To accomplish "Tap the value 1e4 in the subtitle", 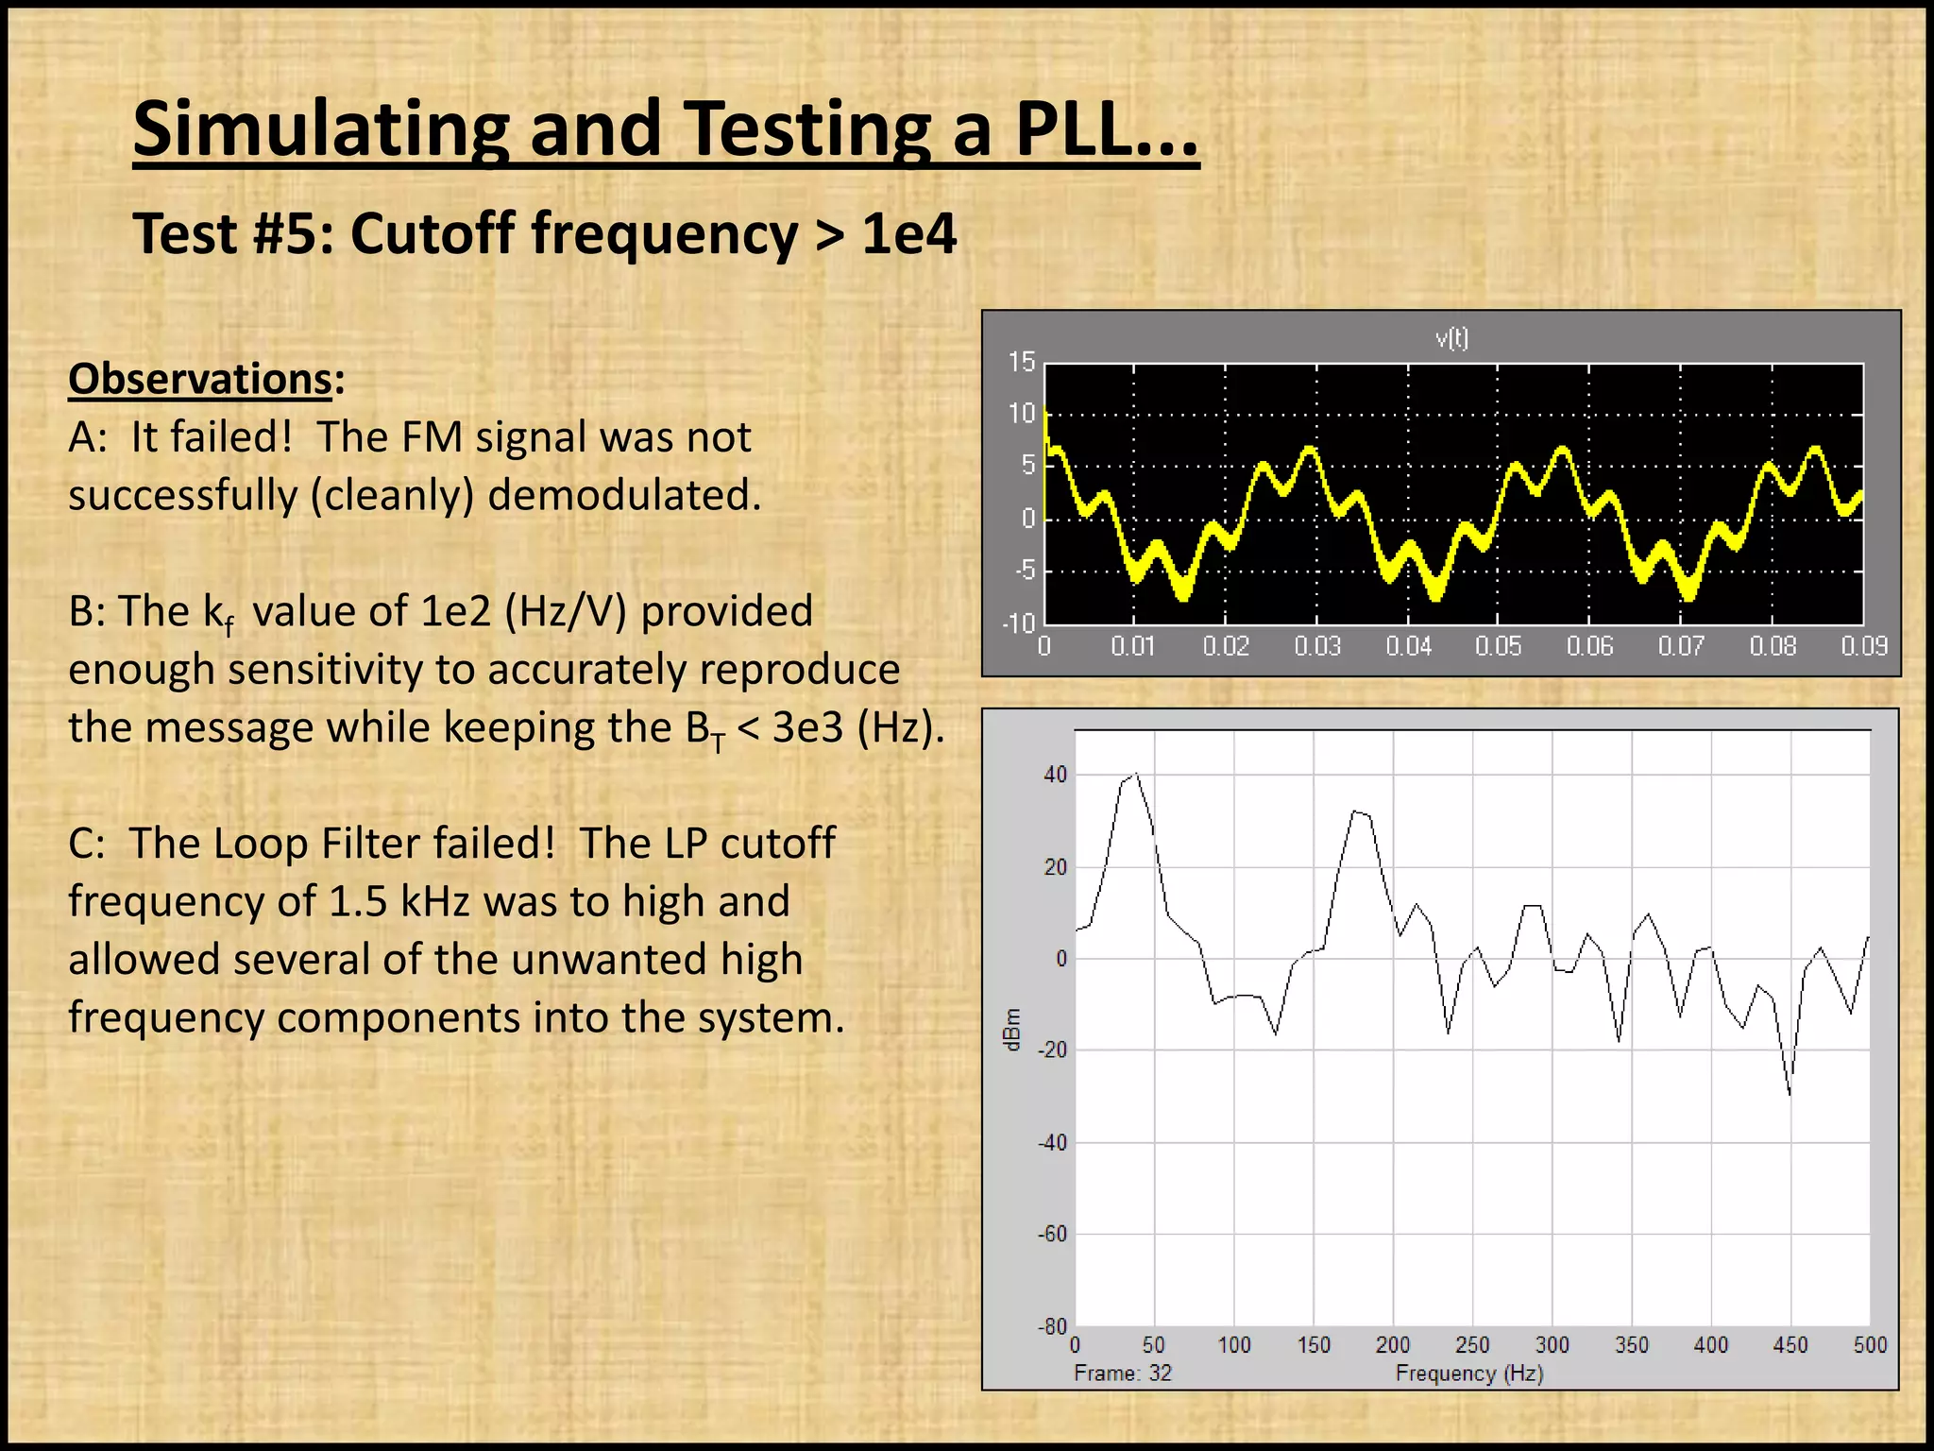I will (x=908, y=233).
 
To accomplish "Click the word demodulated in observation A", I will (x=623, y=495).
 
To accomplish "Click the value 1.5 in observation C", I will (x=358, y=901).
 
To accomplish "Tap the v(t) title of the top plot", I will (x=1451, y=338).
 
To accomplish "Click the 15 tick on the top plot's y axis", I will (x=1022, y=362).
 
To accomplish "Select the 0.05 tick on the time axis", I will (x=1499, y=646).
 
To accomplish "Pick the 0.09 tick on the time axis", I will (x=1863, y=646).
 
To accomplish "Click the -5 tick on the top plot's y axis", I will (x=1025, y=571).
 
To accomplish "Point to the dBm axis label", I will (x=1012, y=1029).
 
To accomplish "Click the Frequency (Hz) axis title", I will (x=1469, y=1373).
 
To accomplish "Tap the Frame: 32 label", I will (x=1122, y=1373).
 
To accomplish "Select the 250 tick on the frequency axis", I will (x=1472, y=1344).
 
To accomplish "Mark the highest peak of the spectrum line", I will (x=1136, y=774).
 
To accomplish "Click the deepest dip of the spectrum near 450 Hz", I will (x=1790, y=1094).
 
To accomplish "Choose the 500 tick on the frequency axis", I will (x=1870, y=1344).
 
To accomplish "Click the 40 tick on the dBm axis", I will (x=1056, y=775).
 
